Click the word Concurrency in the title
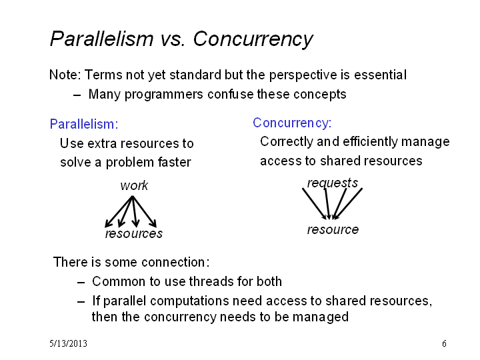click(253, 39)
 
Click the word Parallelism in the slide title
click(101, 39)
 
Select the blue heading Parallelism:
click(84, 124)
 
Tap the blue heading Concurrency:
click(293, 123)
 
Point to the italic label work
click(134, 185)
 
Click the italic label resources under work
click(134, 233)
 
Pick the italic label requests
click(333, 183)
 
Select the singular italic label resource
click(333, 229)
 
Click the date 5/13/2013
click(68, 343)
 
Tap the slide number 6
click(444, 343)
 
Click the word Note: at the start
click(65, 75)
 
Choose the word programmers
click(164, 94)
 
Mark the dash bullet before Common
click(81, 282)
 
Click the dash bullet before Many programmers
click(77, 95)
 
